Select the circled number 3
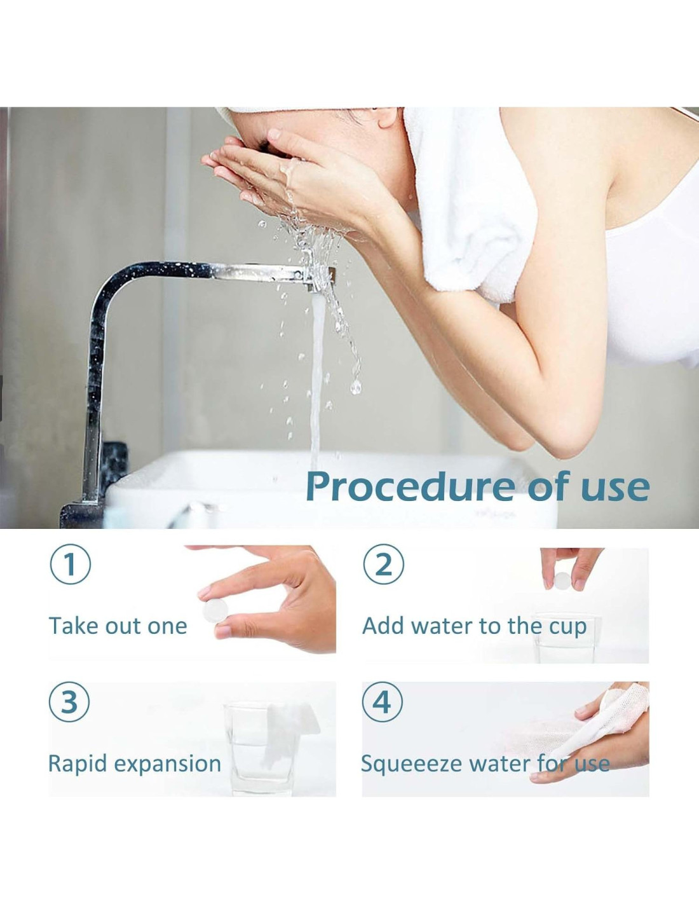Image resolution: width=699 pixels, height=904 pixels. (x=70, y=702)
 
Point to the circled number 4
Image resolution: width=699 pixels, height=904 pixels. (x=383, y=702)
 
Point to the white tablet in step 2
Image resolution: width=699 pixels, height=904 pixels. (x=562, y=580)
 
